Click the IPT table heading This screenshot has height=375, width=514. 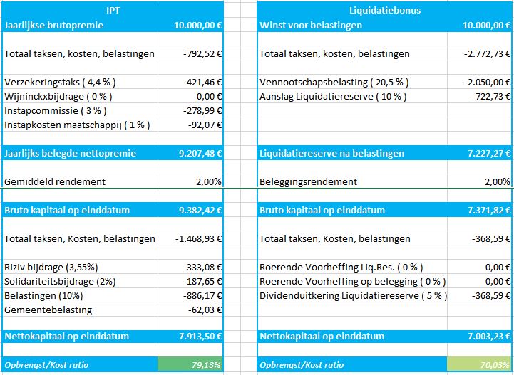(113, 11)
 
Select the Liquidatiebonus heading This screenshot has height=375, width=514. (385, 11)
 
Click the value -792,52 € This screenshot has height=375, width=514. (202, 53)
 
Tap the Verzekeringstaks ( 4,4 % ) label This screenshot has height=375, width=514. (60, 82)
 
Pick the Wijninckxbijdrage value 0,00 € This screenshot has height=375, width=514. (209, 97)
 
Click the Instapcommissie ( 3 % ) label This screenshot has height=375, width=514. (56, 110)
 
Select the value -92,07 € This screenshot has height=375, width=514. (205, 125)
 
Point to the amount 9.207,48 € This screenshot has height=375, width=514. (200, 154)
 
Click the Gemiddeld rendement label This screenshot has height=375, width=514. (55, 182)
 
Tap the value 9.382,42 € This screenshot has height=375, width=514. (200, 211)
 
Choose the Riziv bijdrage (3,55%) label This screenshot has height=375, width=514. (51, 268)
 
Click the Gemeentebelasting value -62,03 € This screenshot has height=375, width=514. (205, 310)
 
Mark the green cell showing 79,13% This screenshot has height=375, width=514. (190, 364)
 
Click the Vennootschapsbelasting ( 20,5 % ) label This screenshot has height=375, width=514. (334, 82)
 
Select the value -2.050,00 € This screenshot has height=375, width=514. (487, 82)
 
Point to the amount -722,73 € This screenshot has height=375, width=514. (491, 97)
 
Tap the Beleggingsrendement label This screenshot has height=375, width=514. (308, 182)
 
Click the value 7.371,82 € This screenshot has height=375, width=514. (489, 211)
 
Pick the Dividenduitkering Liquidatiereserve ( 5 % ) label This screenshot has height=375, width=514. (354, 296)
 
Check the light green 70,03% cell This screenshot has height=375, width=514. (479, 364)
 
